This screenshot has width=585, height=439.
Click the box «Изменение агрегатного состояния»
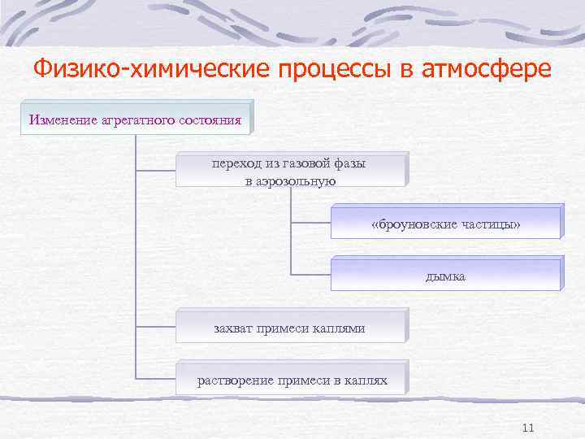click(x=136, y=120)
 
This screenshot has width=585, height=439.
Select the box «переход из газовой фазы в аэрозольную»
click(x=289, y=172)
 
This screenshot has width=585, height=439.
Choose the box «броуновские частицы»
click(x=444, y=223)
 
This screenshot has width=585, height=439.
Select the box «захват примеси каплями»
click(x=289, y=328)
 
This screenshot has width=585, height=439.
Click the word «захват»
click(x=232, y=328)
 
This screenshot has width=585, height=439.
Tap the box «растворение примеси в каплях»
click(x=291, y=380)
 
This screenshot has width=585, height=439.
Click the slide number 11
click(x=527, y=428)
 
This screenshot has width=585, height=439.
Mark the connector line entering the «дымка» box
click(x=310, y=273)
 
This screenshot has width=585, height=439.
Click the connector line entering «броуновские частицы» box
click(x=310, y=221)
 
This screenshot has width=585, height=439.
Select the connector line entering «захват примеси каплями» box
click(x=156, y=326)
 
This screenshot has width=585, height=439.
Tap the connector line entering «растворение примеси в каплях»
click(x=156, y=378)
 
